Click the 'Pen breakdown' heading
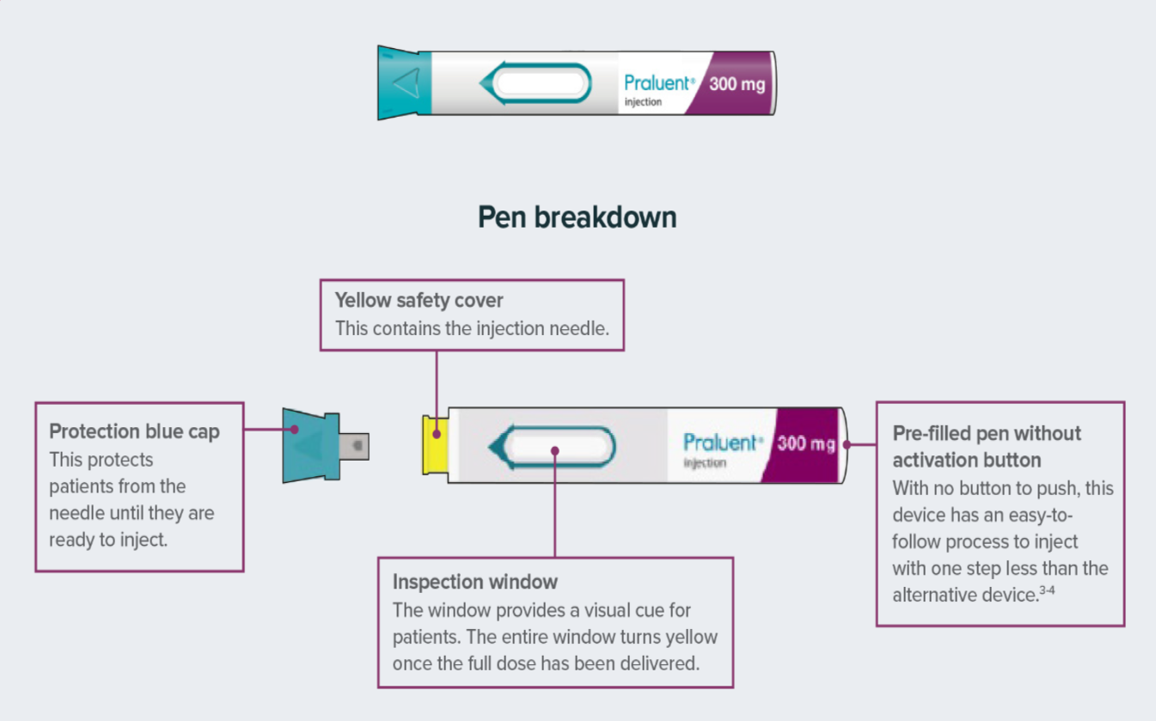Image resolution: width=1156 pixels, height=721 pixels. click(x=577, y=217)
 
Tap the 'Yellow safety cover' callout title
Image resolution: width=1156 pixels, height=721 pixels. click(x=419, y=301)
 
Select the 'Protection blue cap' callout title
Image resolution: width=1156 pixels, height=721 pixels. click(x=134, y=431)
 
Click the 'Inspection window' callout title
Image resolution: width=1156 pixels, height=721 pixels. click(x=474, y=582)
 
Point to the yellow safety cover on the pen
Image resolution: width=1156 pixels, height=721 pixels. click(x=435, y=444)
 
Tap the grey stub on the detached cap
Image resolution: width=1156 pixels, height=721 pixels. click(x=355, y=445)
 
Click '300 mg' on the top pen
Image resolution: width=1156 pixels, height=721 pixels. click(x=737, y=83)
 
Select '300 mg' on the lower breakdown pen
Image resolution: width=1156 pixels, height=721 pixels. click(x=805, y=443)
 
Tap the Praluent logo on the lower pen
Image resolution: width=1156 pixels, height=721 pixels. click(x=722, y=443)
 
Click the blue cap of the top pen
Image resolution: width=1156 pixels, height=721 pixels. click(x=404, y=82)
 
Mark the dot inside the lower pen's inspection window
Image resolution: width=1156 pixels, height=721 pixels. click(x=554, y=450)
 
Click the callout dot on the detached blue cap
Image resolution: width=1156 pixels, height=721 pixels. click(x=294, y=429)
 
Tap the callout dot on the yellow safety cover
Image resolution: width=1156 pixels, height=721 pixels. click(x=437, y=435)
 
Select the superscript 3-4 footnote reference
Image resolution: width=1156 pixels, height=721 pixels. click(x=1047, y=590)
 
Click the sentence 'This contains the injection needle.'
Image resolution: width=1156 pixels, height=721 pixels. click(x=472, y=328)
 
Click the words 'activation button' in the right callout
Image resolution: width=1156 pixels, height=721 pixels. click(x=967, y=460)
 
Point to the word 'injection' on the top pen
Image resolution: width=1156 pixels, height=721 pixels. click(x=643, y=101)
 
